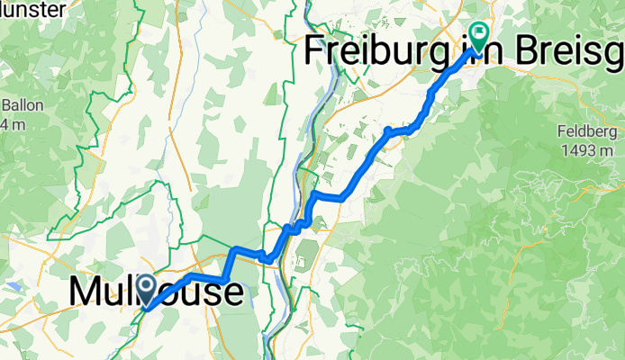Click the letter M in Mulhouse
click(86, 292)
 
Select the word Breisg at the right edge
click(582, 51)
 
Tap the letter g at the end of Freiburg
click(439, 54)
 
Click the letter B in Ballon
click(5, 103)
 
